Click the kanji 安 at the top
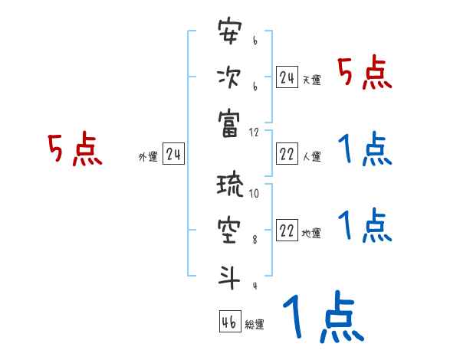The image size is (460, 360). pyautogui.click(x=229, y=33)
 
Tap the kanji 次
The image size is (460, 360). pyautogui.click(x=229, y=77)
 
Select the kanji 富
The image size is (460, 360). pyautogui.click(x=229, y=121)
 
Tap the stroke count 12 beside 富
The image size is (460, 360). pyautogui.click(x=254, y=132)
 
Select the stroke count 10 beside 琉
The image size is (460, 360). pyautogui.click(x=254, y=194)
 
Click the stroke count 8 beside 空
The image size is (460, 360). pyautogui.click(x=254, y=240)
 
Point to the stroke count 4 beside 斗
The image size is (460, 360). pyautogui.click(x=254, y=286)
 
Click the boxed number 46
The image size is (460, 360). pyautogui.click(x=228, y=322)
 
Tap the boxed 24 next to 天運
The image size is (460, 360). pyautogui.click(x=287, y=77)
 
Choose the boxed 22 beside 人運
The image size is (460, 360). pyautogui.click(x=287, y=155)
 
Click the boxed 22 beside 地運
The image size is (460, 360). pyautogui.click(x=287, y=231)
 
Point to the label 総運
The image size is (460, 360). pyautogui.click(x=255, y=324)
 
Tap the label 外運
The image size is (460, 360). pyautogui.click(x=147, y=157)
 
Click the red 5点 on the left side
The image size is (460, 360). pyautogui.click(x=74, y=150)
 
